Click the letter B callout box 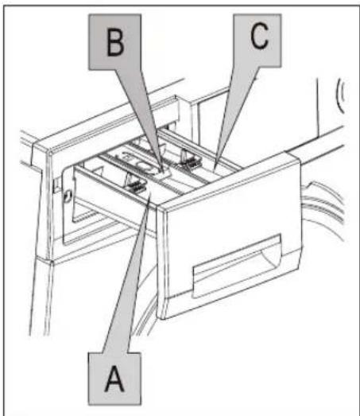point(114,42)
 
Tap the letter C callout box point(257,41)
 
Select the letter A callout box point(114,379)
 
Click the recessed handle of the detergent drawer point(237,266)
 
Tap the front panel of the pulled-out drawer point(230,236)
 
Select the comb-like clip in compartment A point(135,184)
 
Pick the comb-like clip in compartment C point(189,160)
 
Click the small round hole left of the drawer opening point(68,196)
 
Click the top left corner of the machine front point(48,152)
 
